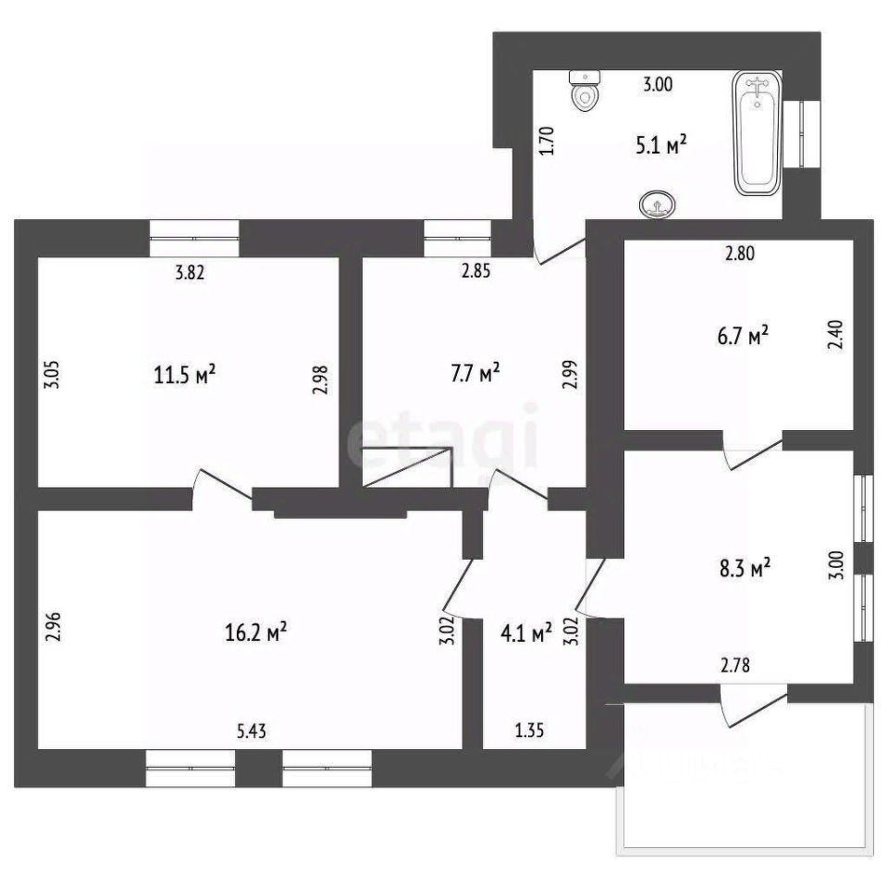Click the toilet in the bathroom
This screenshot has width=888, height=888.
[x=585, y=90]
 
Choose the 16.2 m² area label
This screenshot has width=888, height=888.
[x=256, y=633]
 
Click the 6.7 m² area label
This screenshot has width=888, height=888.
[x=746, y=338]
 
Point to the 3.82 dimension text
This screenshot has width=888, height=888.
[x=190, y=272]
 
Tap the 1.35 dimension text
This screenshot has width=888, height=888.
[x=529, y=731]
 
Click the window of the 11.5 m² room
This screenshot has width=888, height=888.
[x=194, y=238]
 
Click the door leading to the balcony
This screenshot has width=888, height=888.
[x=754, y=701]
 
